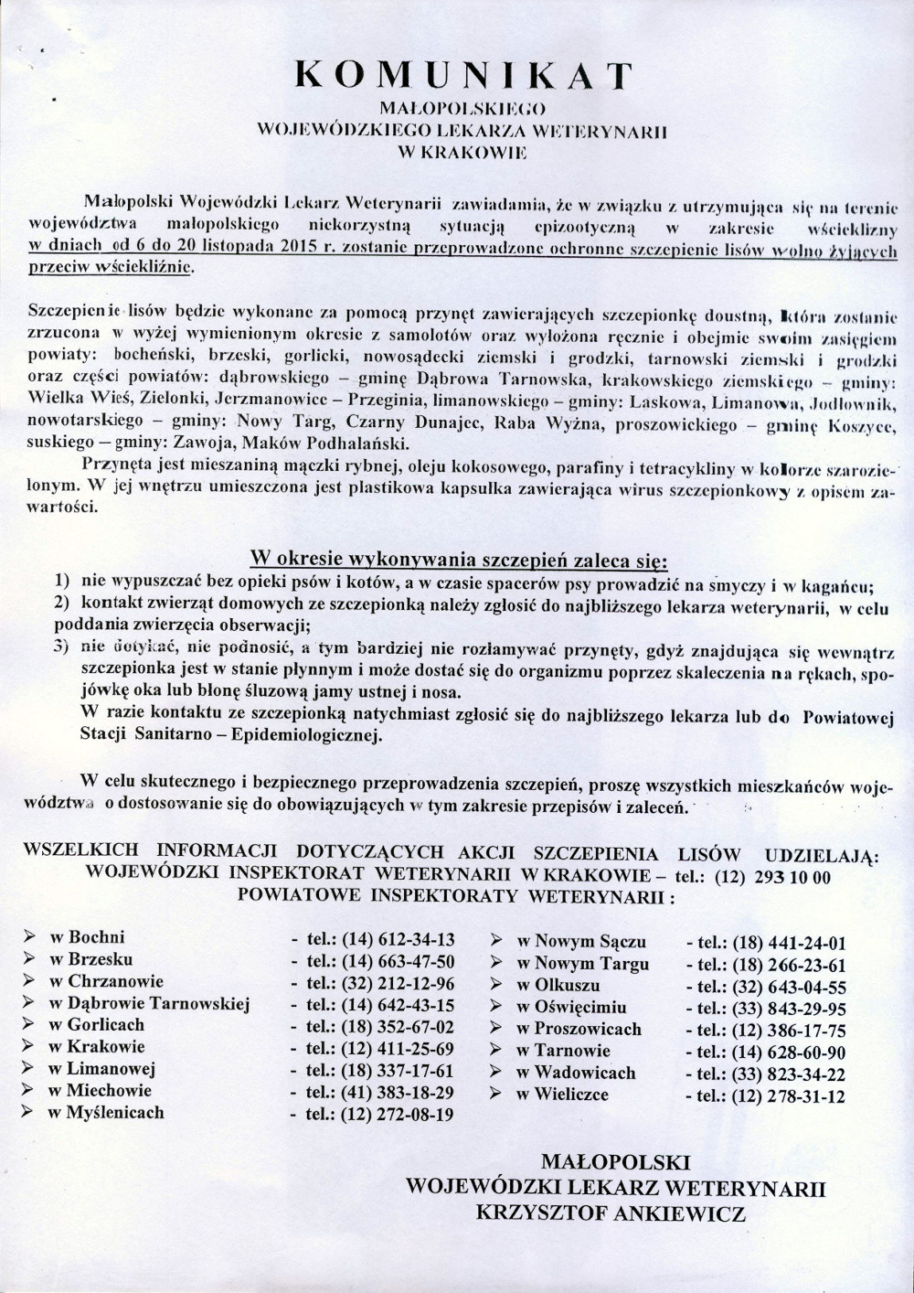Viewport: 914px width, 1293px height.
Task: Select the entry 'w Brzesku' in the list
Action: [90, 959]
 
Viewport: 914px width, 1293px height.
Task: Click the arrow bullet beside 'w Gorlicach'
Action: [30, 1025]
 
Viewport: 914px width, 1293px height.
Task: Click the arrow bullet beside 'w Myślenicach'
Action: [30, 1112]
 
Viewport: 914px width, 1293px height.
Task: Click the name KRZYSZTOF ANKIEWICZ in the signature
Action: [611, 1213]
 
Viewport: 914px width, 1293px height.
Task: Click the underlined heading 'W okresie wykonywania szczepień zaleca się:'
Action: [459, 557]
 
